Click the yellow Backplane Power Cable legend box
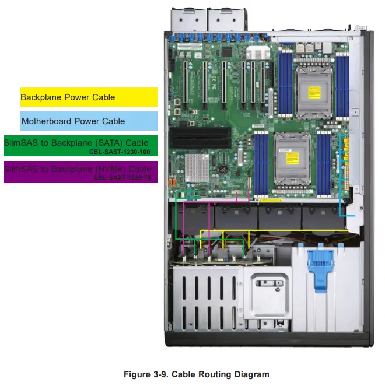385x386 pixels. [x=89, y=97]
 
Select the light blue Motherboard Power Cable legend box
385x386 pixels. [x=89, y=121]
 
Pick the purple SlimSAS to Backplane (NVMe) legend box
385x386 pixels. [x=80, y=173]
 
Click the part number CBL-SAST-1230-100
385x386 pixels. [x=120, y=151]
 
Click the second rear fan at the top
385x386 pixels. [x=220, y=18]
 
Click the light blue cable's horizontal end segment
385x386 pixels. [x=348, y=216]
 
